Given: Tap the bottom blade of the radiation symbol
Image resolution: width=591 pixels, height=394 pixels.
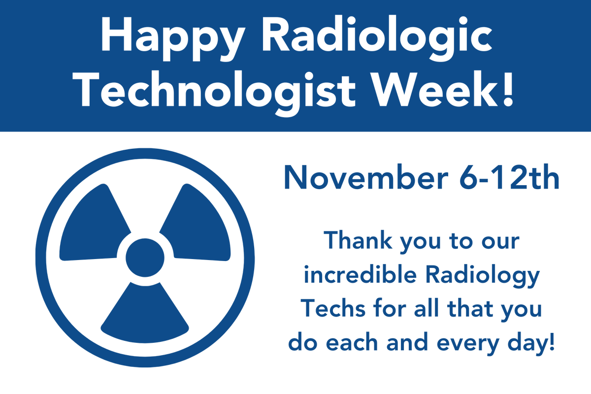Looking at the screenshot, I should point(145,315).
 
